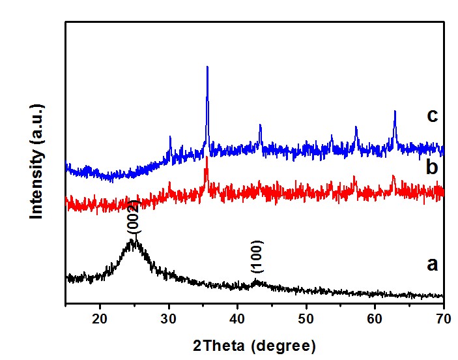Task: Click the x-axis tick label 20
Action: pos(100,319)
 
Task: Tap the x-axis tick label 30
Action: pos(169,319)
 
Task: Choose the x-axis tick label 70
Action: pos(442,319)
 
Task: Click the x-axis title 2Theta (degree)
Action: pos(254,344)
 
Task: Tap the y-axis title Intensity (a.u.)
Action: pos(37,160)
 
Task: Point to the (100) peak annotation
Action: pos(256,261)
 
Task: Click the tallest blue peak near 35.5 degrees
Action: pos(207,67)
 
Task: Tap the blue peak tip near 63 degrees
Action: pos(395,112)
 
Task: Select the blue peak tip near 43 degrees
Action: pos(260,125)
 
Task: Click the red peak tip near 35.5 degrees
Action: pos(207,157)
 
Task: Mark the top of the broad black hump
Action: pos(132,240)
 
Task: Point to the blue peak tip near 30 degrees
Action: pos(170,137)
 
